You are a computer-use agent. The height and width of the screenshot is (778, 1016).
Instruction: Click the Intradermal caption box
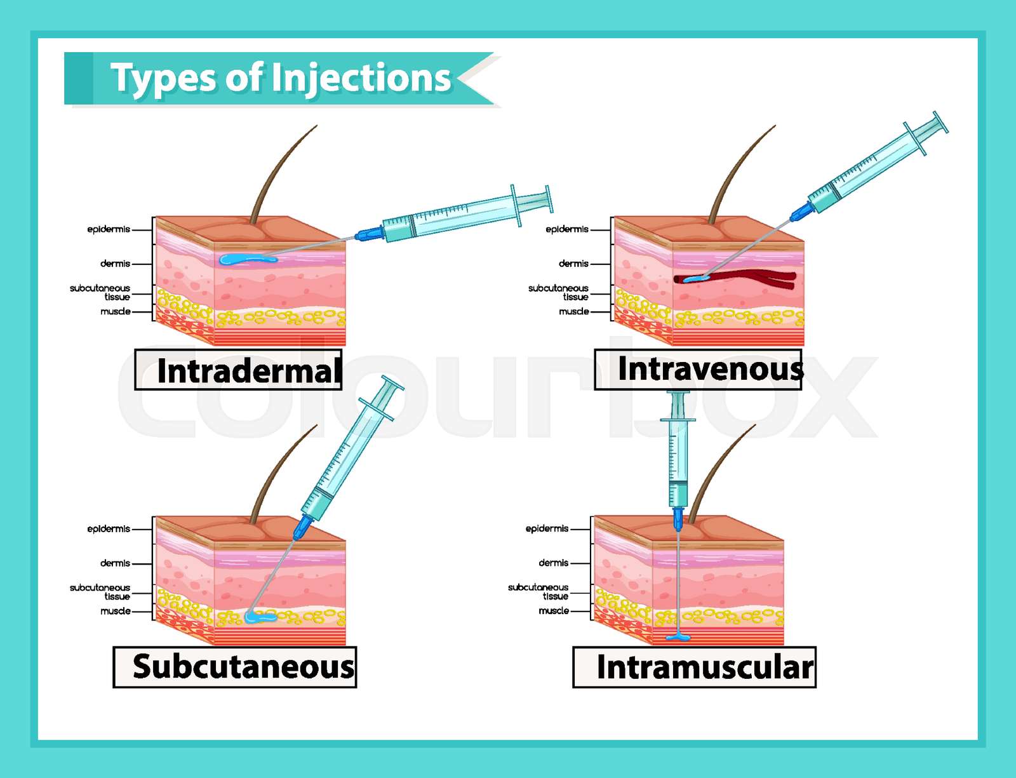(x=239, y=370)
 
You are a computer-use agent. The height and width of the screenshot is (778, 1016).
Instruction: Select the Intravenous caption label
(x=698, y=369)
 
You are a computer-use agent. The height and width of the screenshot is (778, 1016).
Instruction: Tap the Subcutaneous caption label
(x=235, y=667)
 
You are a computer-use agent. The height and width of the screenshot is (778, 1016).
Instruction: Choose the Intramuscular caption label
(x=695, y=667)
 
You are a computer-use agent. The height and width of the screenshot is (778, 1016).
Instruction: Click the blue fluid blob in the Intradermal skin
(x=244, y=259)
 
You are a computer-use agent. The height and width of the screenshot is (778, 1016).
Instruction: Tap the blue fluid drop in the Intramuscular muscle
(x=678, y=637)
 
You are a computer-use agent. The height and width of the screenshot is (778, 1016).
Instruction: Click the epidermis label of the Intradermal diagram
(x=109, y=229)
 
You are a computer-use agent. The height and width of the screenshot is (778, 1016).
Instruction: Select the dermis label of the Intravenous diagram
(x=573, y=264)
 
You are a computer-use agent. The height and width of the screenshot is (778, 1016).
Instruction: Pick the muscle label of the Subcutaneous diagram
(x=116, y=611)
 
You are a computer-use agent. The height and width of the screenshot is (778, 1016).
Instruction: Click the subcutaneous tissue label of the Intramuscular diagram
(x=538, y=591)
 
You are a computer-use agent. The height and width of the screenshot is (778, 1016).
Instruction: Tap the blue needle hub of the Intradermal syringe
(x=368, y=234)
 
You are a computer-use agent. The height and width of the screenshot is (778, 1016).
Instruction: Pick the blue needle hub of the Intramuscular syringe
(x=678, y=517)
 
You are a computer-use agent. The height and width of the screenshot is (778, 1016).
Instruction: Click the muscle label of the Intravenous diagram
(x=574, y=312)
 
